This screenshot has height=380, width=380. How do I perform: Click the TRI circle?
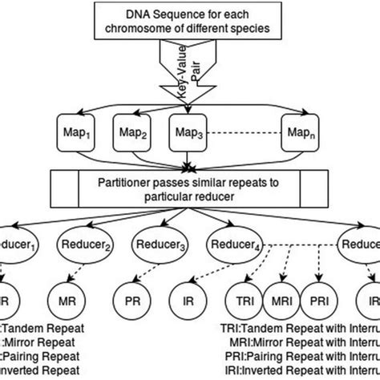[x=245, y=304]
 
